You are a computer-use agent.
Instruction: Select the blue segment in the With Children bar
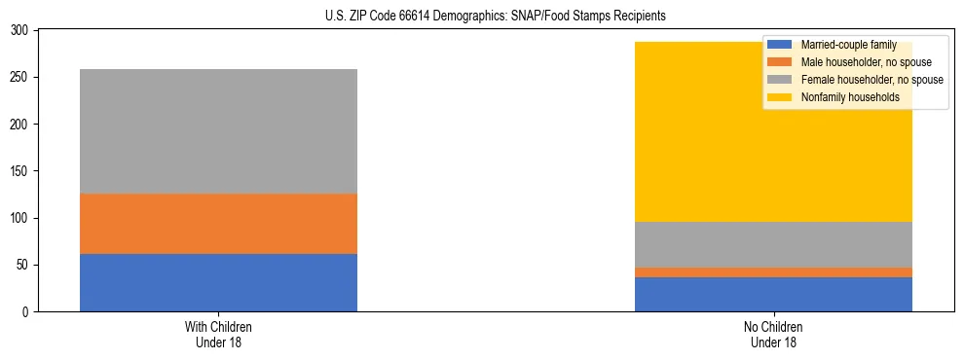click(x=218, y=282)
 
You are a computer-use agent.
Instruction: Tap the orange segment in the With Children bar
click(x=218, y=223)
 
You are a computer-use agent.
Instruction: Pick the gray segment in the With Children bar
click(x=218, y=131)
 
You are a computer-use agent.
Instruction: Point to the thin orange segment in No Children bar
click(x=773, y=272)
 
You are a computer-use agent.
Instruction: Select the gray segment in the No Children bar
click(x=773, y=244)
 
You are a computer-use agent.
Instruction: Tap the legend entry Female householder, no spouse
click(x=861, y=80)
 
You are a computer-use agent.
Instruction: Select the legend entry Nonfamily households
click(x=842, y=97)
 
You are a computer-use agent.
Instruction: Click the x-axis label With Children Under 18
click(x=218, y=334)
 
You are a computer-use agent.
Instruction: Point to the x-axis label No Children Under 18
click(x=773, y=334)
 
